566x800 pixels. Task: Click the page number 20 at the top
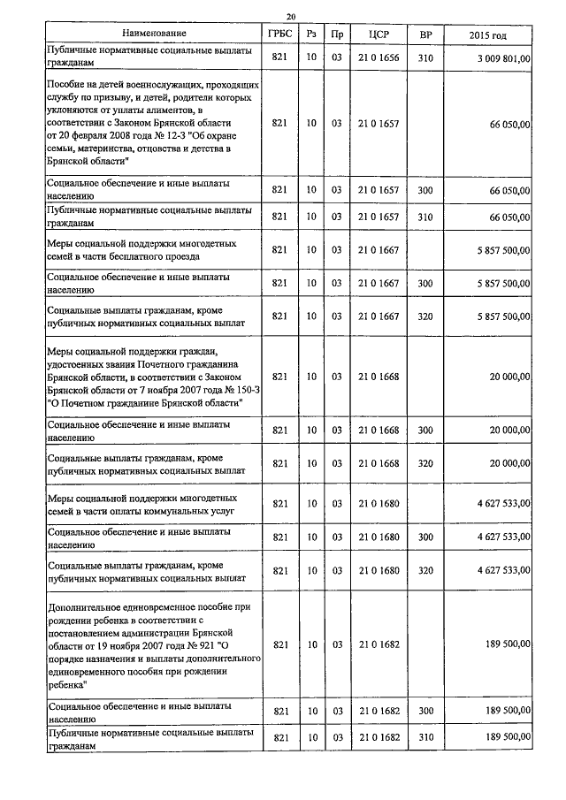[x=291, y=16]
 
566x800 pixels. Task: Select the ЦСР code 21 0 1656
[x=378, y=57]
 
